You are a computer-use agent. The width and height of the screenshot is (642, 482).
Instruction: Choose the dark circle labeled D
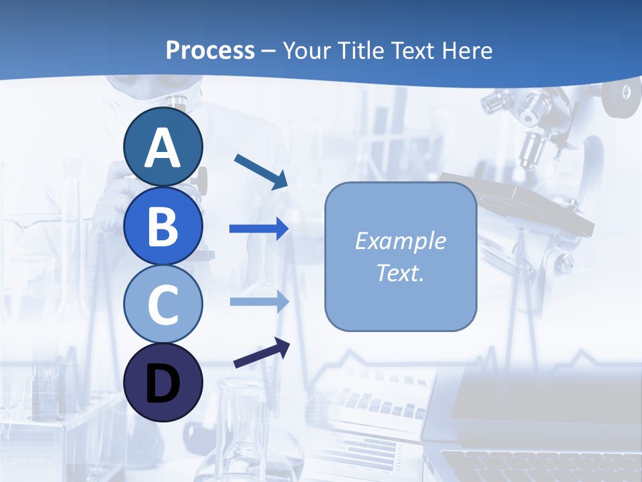pos(163,382)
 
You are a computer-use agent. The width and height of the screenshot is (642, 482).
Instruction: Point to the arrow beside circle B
pos(259,229)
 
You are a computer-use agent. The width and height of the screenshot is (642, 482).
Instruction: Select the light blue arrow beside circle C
pos(259,302)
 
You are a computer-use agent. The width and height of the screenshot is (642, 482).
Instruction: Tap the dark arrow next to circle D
pos(261,353)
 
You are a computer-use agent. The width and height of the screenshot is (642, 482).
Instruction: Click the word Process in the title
pos(210,50)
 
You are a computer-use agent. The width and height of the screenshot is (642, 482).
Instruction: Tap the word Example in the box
pos(400,241)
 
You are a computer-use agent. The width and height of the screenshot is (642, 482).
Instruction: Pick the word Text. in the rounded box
pos(400,272)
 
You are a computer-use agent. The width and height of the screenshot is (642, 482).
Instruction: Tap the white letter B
pos(163,226)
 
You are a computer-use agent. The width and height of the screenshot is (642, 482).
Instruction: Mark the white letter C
pos(163,305)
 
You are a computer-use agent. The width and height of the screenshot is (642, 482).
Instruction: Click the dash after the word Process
pos(269,51)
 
